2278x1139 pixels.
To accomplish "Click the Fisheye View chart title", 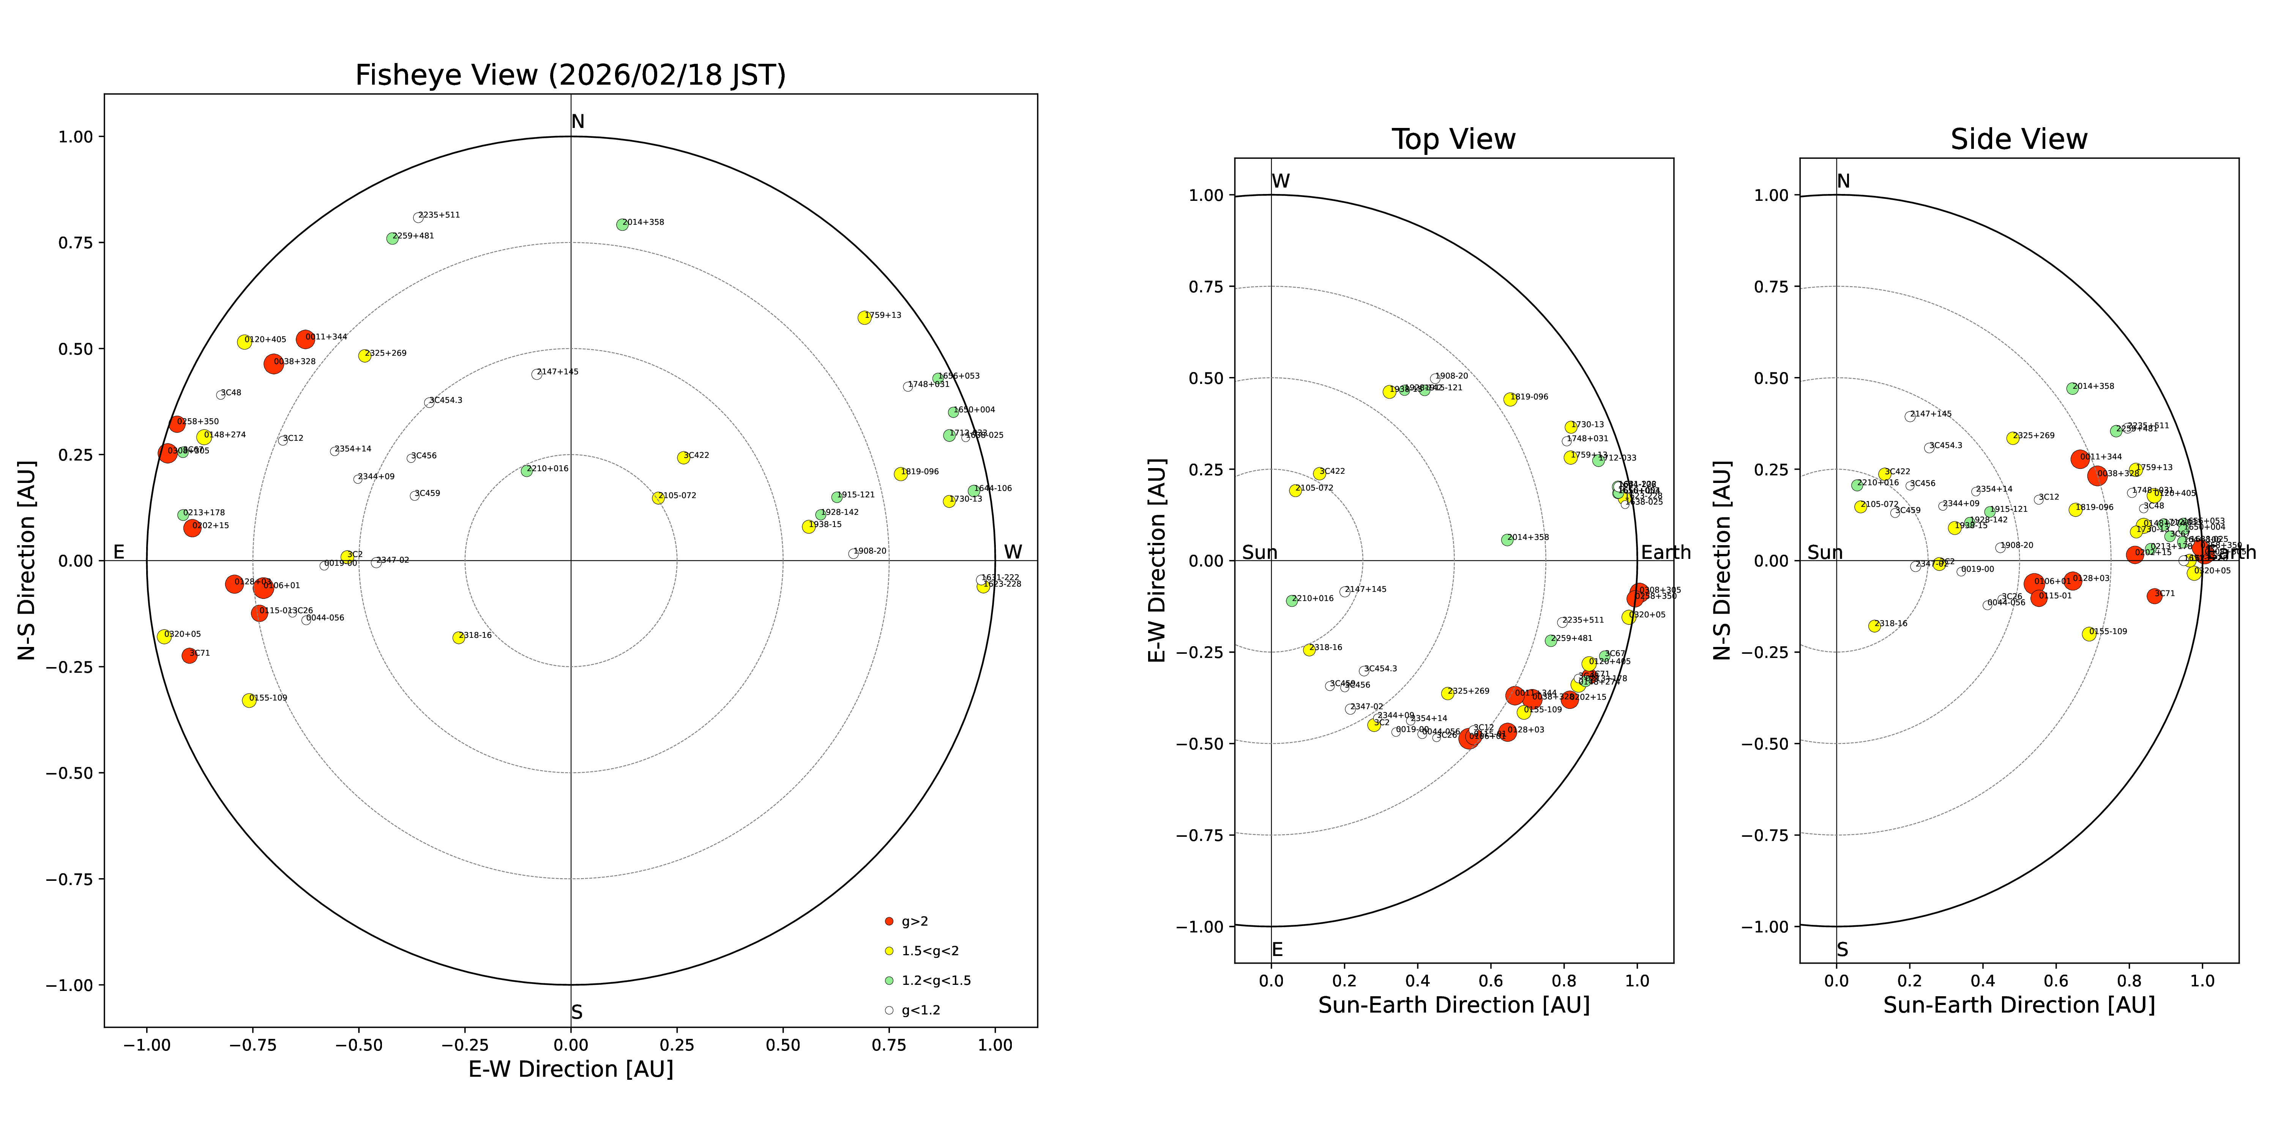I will coord(570,75).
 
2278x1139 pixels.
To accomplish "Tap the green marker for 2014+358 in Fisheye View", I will coord(622,225).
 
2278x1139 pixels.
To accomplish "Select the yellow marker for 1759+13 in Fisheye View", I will coord(864,317).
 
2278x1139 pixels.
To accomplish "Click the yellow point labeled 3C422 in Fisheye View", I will coord(683,457).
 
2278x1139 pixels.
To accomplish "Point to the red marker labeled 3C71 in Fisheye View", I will coord(189,655).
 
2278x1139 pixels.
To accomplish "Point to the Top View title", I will coord(1453,140).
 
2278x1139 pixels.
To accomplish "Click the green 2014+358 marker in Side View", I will coord(2072,388).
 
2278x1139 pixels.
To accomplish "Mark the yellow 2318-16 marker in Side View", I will coord(1874,626).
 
